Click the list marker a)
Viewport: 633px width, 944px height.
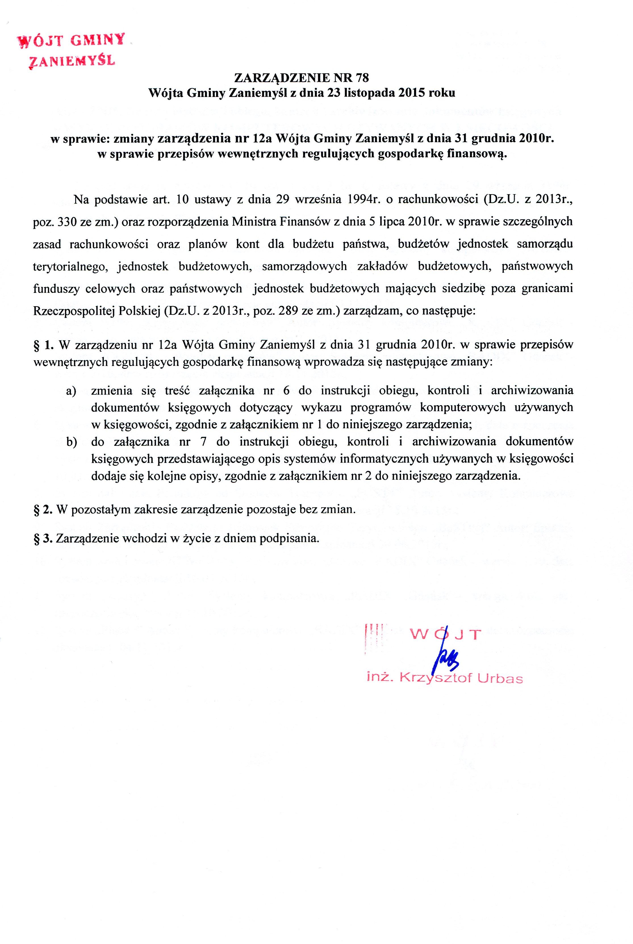click(72, 391)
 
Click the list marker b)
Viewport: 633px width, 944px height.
click(72, 442)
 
